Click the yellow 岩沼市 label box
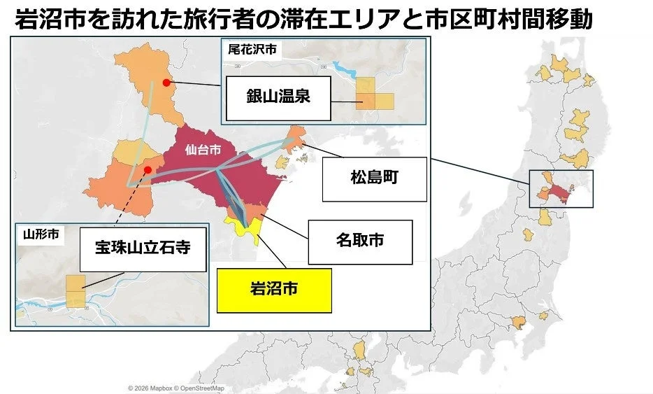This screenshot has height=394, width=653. click(x=273, y=290)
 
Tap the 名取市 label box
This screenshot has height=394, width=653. click(x=359, y=239)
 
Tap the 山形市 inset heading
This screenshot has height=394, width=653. click(x=38, y=234)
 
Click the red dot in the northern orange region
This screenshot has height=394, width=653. click(x=166, y=82)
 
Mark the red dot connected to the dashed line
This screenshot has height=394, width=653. click(x=148, y=169)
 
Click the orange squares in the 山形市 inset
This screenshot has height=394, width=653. click(x=76, y=291)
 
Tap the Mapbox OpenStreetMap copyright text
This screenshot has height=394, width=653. click(x=175, y=388)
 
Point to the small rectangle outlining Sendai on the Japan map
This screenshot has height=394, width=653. click(x=561, y=189)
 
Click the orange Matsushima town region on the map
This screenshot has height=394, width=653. click(x=296, y=139)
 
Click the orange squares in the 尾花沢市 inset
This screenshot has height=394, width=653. click(x=374, y=94)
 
